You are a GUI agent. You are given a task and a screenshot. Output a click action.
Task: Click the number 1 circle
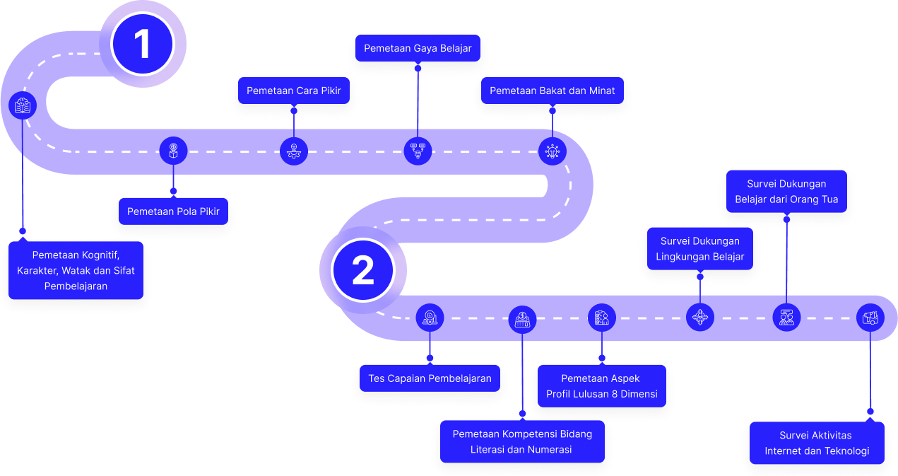coord(143,44)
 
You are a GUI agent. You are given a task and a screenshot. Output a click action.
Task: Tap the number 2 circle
coord(363,271)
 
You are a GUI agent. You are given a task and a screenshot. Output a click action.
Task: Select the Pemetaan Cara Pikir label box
coord(294,91)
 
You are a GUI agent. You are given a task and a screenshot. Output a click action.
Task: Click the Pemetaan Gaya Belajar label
coord(418,49)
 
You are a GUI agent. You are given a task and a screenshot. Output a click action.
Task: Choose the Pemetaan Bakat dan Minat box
coord(553,91)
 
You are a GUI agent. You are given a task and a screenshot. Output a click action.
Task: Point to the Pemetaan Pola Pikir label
coord(174,211)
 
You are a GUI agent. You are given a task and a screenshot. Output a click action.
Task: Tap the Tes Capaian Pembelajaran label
coord(430,378)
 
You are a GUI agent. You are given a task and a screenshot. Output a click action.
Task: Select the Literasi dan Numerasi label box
coord(522,441)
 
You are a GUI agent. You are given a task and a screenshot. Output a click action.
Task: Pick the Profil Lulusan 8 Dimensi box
coord(601,386)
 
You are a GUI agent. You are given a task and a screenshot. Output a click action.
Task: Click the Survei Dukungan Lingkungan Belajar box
coord(700,249)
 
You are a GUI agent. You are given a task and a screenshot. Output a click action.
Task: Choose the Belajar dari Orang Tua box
coord(786,192)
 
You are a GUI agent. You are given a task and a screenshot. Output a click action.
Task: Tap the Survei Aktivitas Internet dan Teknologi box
coord(817,443)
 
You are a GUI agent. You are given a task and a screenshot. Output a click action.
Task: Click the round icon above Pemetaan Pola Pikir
coord(174,151)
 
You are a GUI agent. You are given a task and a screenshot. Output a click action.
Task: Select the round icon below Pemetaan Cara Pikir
coord(294,151)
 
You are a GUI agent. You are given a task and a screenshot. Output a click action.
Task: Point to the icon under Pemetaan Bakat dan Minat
coord(553,151)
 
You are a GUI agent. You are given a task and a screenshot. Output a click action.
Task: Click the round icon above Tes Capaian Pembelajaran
coord(430,318)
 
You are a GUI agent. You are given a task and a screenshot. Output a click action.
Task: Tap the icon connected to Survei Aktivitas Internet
coord(870,318)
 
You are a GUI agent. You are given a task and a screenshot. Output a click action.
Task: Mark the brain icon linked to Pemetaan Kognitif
coord(23,105)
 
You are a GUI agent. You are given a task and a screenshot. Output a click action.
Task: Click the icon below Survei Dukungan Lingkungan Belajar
coord(700,318)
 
